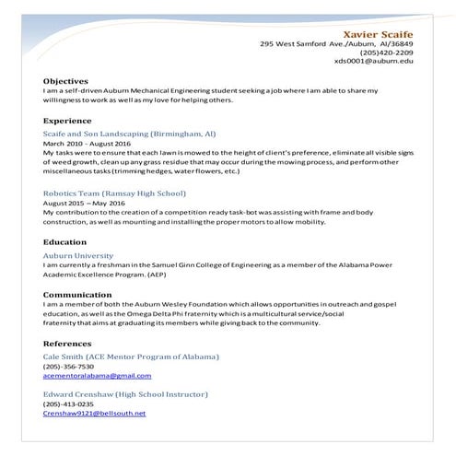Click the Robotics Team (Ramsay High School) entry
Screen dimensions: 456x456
click(x=114, y=193)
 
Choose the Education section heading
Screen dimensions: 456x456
click(x=65, y=242)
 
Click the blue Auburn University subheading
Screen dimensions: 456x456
click(x=78, y=254)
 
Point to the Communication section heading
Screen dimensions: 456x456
click(x=80, y=294)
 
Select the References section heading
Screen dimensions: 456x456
click(x=67, y=343)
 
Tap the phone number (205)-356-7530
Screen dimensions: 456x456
click(x=68, y=366)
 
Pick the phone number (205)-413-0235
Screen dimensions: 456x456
click(x=68, y=403)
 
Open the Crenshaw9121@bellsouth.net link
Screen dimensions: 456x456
click(x=94, y=414)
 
